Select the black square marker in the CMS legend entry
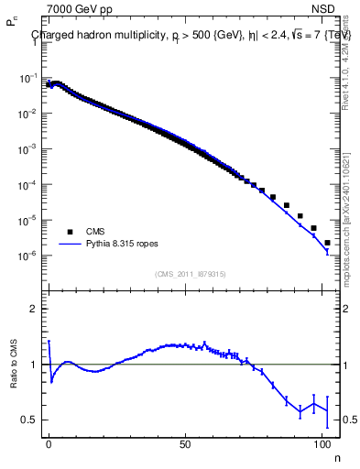(70, 232)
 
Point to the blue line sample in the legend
(70, 245)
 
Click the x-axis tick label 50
(186, 442)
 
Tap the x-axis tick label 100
(322, 442)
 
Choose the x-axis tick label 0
(49, 442)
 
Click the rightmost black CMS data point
(327, 243)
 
